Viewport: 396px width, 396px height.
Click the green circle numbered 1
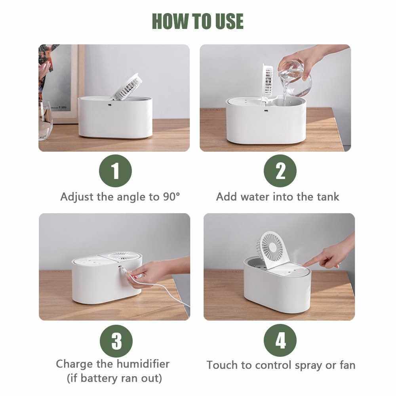(115, 171)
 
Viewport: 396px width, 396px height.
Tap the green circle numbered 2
(280, 171)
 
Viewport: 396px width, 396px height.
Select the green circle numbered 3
(116, 341)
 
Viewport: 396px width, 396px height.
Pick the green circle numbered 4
(280, 341)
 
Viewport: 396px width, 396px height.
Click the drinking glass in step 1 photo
(45, 120)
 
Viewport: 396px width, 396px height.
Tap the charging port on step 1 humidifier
(110, 105)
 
